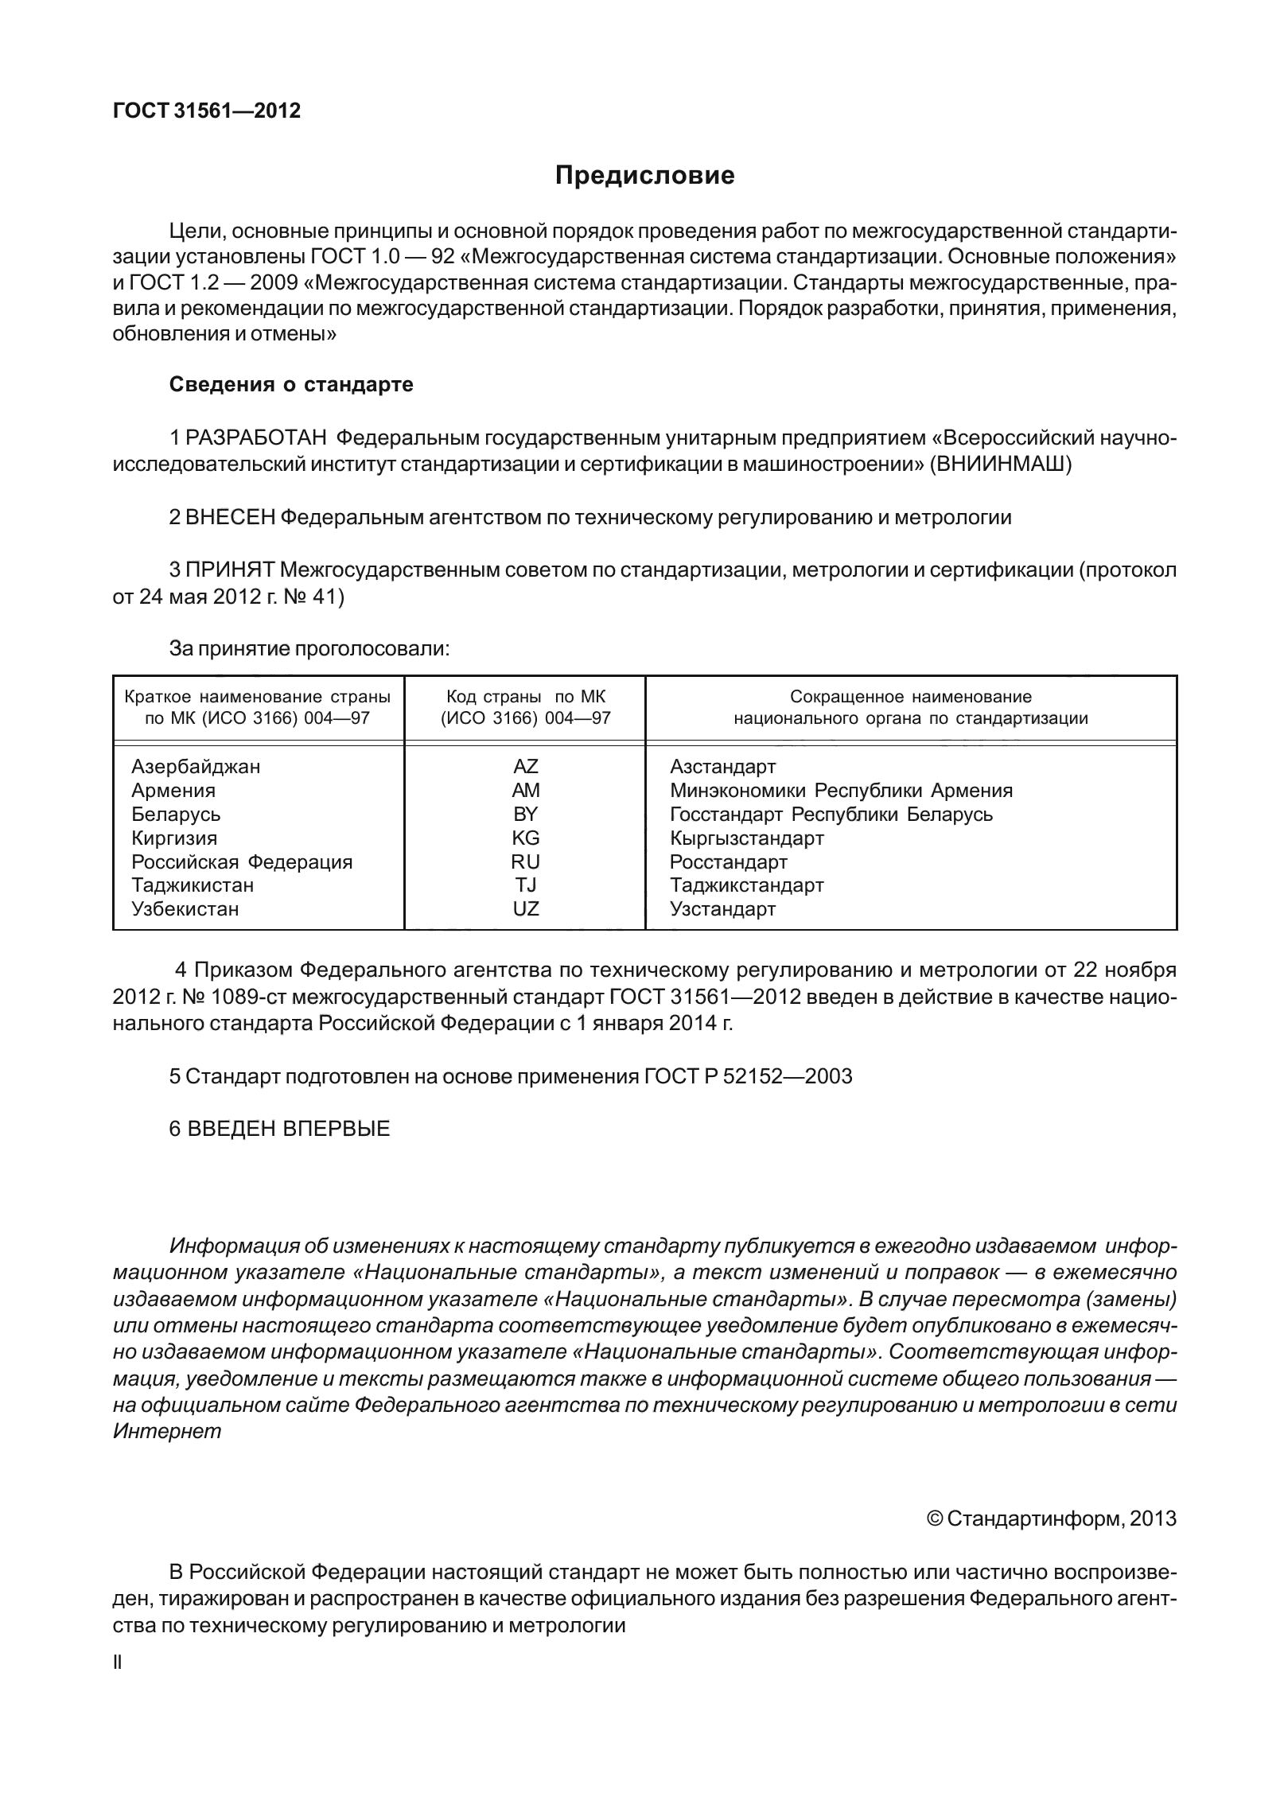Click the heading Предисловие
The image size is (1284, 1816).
pos(644,176)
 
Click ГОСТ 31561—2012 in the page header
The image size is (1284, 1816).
pos(207,111)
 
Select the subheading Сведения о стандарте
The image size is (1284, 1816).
pos(291,385)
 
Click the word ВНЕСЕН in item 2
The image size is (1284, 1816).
pos(230,517)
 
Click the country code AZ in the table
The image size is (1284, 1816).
pos(525,767)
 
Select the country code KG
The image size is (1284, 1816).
pos(525,838)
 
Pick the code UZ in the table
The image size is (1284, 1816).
pos(525,908)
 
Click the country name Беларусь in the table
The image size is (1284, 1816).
pos(176,814)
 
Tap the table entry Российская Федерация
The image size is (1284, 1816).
pos(241,861)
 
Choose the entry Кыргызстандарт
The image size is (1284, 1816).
pos(746,838)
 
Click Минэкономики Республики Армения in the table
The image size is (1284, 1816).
pos(841,791)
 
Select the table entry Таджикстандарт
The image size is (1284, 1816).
pos(746,885)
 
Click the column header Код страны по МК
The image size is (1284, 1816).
pos(525,697)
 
